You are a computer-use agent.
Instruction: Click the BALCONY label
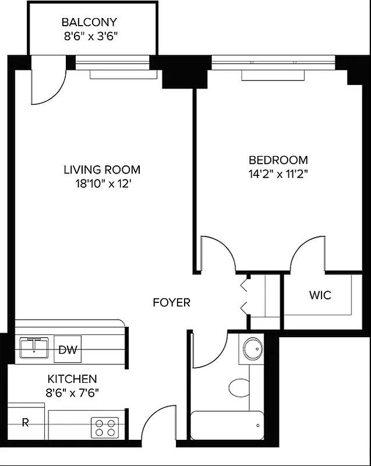tap(89, 23)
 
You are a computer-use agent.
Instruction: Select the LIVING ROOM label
tap(102, 170)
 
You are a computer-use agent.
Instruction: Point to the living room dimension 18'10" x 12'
tap(102, 184)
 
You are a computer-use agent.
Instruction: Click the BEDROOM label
tap(278, 160)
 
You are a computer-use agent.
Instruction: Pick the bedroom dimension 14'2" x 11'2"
tap(278, 174)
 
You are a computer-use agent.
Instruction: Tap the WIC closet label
tap(320, 295)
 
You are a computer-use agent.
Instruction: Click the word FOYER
tap(171, 303)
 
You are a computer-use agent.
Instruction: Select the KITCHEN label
tap(72, 379)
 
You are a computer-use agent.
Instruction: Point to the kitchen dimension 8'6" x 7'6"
tap(72, 392)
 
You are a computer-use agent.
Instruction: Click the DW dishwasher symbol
tap(68, 350)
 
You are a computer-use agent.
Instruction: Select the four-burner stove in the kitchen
tap(105, 428)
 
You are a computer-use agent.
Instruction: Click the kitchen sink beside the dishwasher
tap(34, 348)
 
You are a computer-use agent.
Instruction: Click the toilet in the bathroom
tap(239, 387)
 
